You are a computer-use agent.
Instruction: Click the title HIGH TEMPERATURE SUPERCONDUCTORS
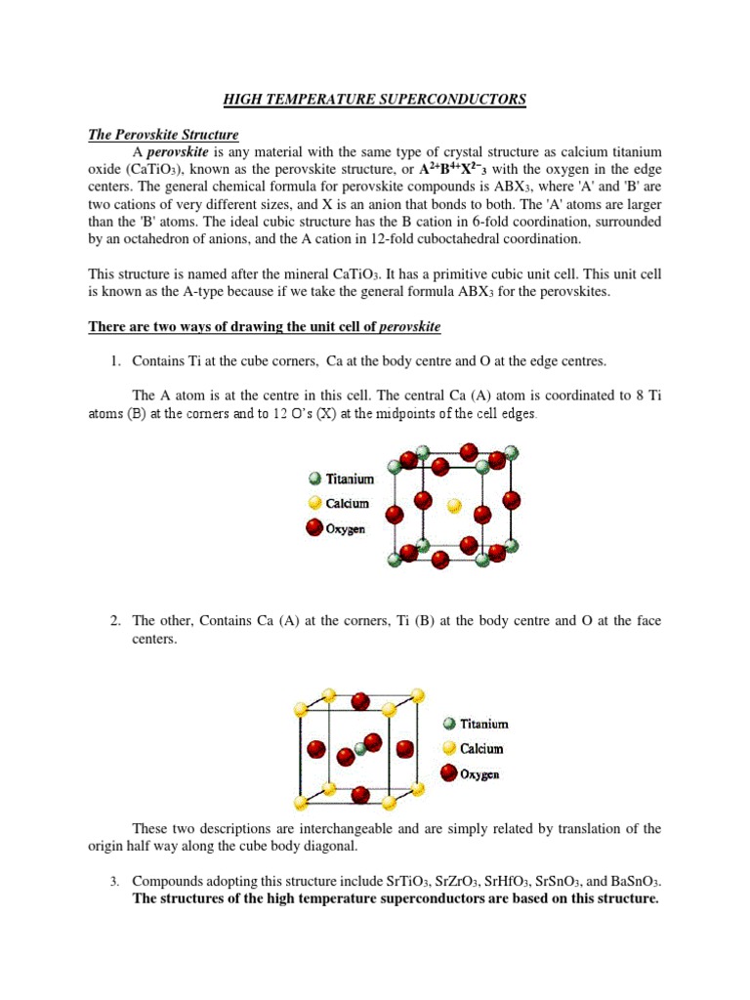pos(375,99)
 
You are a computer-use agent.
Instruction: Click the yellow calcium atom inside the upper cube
pos(452,506)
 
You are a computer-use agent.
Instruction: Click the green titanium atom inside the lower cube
pos(360,748)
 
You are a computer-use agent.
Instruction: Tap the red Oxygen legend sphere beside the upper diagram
pos(313,528)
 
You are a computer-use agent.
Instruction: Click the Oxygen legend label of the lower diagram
pos(479,773)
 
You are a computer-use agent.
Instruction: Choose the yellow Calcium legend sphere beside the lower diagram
pos(448,749)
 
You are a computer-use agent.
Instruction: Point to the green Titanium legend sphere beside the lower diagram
pos(448,725)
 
